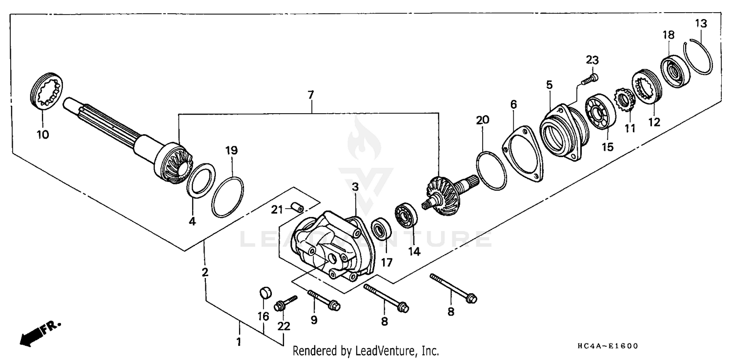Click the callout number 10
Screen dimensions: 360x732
point(43,135)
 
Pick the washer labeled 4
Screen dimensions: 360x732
point(200,181)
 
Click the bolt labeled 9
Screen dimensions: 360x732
point(324,300)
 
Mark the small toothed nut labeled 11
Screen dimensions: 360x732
point(623,100)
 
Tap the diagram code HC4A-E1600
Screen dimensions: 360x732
point(607,346)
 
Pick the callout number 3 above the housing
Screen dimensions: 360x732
point(355,187)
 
